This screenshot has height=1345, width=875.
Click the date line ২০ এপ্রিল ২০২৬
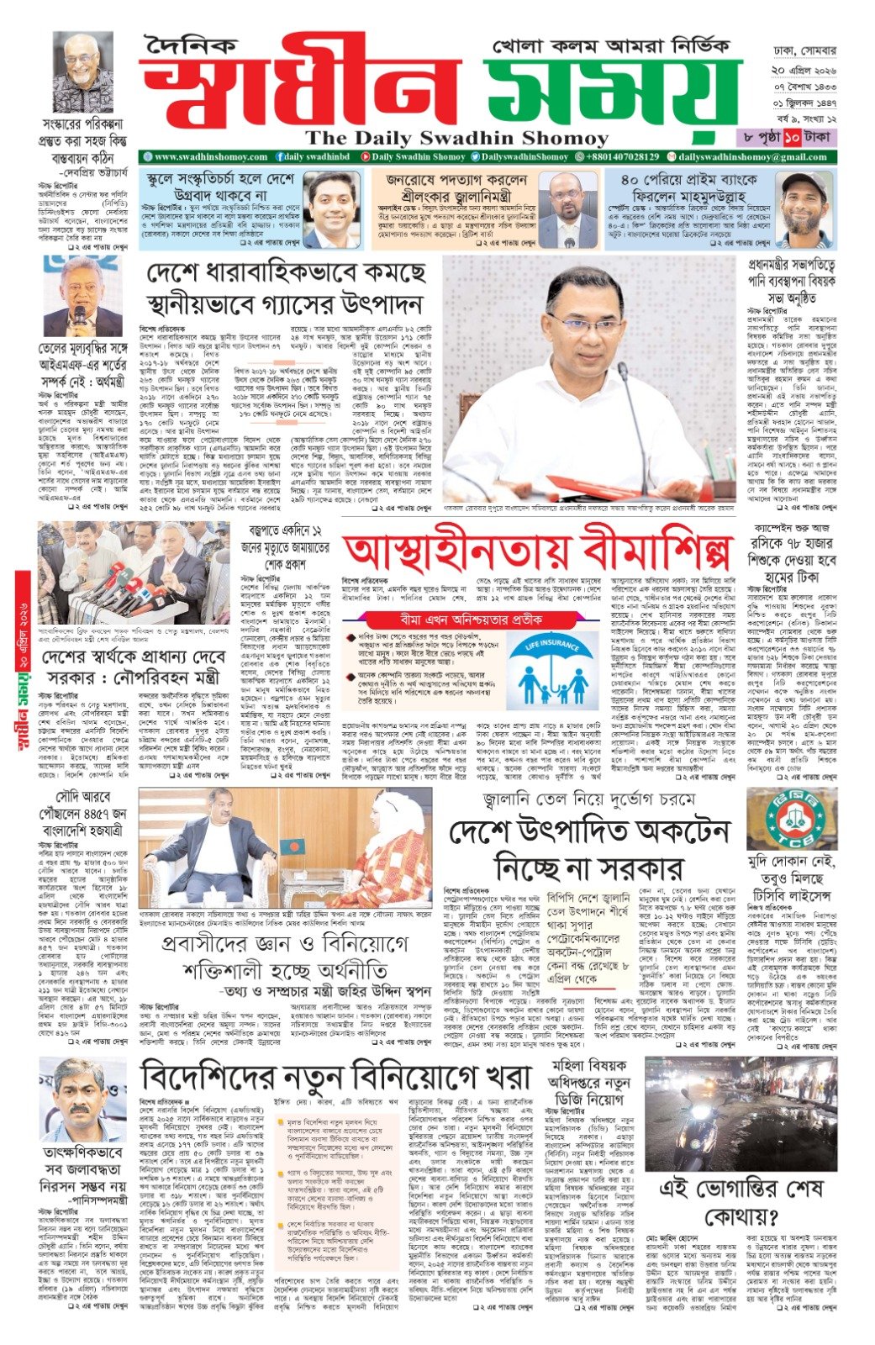tap(804, 70)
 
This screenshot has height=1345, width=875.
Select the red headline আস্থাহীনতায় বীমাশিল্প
tap(539, 551)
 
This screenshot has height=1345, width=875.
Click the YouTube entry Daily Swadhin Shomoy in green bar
tap(417, 157)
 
